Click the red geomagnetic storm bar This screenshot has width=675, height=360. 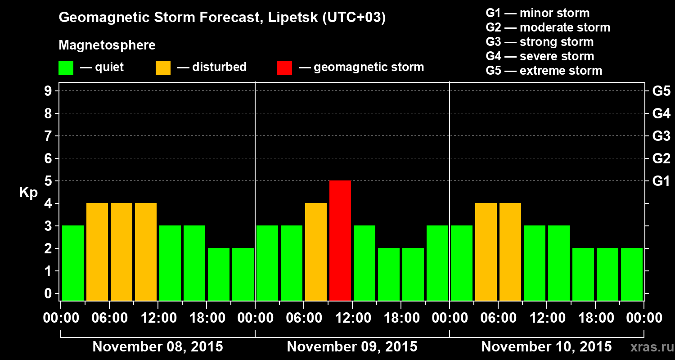pyautogui.click(x=340, y=240)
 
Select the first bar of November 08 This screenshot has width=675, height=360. pyautogui.click(x=73, y=263)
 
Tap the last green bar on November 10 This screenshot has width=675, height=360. pyautogui.click(x=632, y=274)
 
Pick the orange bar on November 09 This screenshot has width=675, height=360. pyautogui.click(x=316, y=252)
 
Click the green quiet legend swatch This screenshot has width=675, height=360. pyautogui.click(x=66, y=67)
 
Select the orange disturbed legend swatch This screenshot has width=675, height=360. pyautogui.click(x=163, y=67)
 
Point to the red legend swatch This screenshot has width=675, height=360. pyautogui.click(x=285, y=67)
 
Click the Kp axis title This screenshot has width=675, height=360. pyautogui.click(x=28, y=193)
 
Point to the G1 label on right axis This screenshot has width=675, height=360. pyautogui.click(x=661, y=181)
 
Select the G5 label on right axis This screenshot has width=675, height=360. pyautogui.click(x=661, y=91)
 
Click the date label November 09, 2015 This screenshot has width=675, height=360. pyautogui.click(x=352, y=347)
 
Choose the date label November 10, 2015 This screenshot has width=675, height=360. pyautogui.click(x=546, y=347)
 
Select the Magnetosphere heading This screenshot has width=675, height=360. pyautogui.click(x=107, y=45)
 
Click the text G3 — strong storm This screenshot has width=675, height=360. pyautogui.click(x=540, y=42)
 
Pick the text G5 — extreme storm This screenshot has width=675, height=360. pyautogui.click(x=544, y=71)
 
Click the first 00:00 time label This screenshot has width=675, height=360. pyautogui.click(x=61, y=318)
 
